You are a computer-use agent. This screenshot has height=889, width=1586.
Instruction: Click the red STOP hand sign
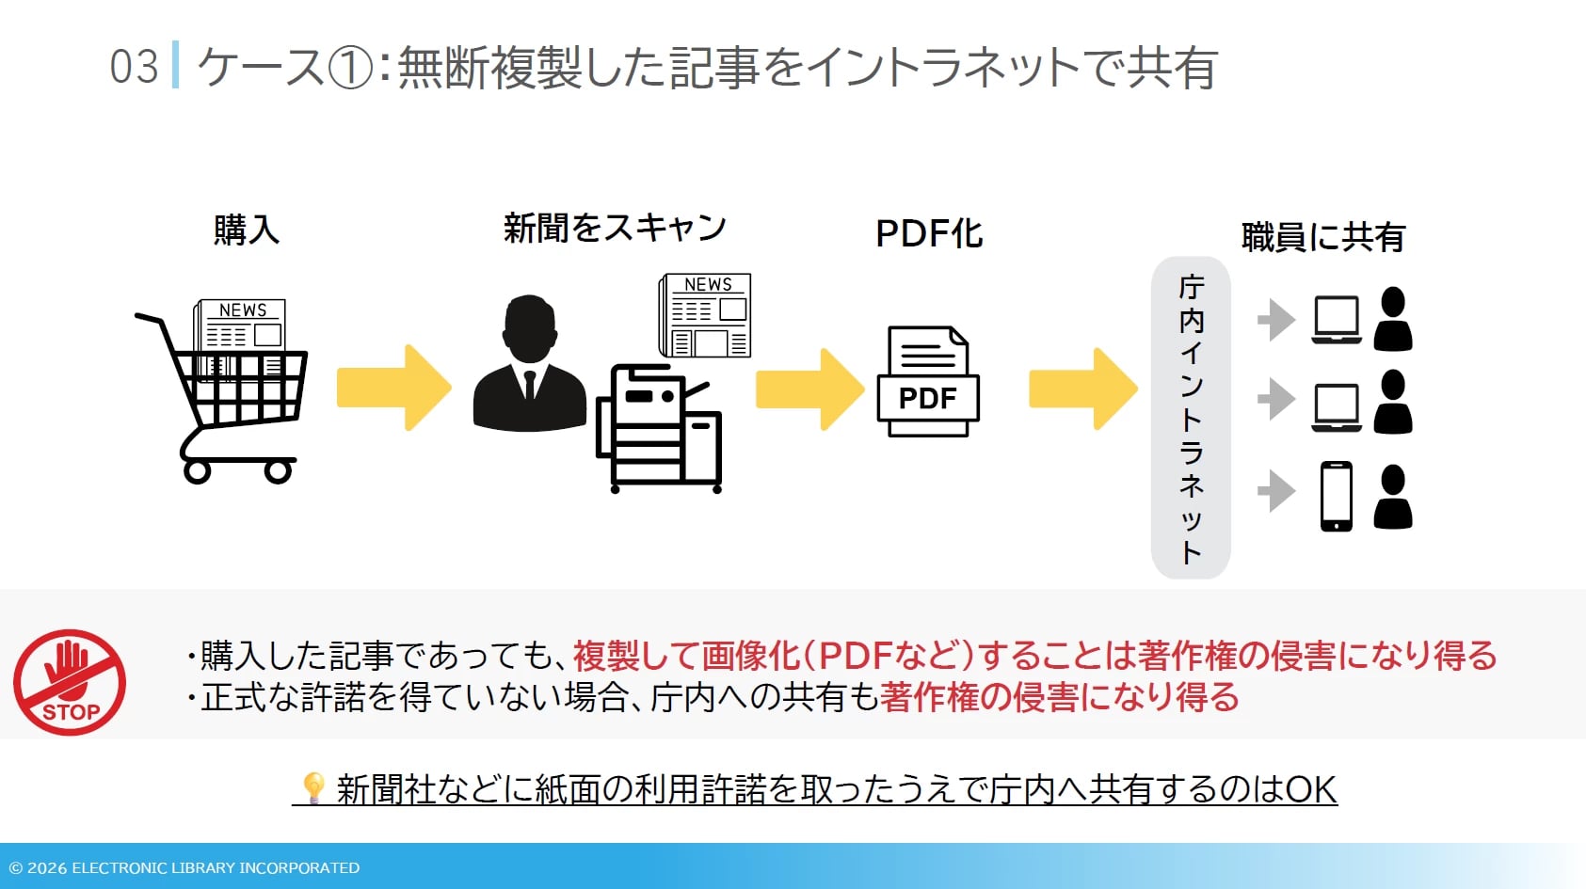click(70, 682)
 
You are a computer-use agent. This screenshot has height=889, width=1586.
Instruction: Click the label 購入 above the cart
click(247, 230)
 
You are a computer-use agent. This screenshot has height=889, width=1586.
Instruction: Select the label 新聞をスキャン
click(615, 228)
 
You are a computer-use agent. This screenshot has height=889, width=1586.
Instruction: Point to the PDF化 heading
click(929, 233)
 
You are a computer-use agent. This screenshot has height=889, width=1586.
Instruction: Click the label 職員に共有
click(1322, 237)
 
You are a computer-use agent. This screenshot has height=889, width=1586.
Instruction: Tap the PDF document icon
click(928, 381)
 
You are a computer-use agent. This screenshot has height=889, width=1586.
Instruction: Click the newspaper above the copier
click(706, 315)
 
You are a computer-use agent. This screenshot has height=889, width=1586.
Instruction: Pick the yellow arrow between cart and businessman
click(393, 388)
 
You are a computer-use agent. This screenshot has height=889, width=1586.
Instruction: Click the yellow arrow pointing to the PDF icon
click(809, 389)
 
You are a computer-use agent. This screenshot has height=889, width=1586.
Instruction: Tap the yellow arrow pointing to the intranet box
click(1082, 389)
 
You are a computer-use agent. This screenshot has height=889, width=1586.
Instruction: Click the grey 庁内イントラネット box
click(1191, 418)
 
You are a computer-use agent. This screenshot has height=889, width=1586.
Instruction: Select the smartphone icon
click(1337, 496)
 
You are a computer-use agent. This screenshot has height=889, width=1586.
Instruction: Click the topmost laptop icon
click(1337, 320)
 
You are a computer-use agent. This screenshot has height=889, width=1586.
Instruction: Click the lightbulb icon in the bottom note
click(313, 786)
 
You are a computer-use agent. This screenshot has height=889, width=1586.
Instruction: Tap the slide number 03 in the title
click(134, 68)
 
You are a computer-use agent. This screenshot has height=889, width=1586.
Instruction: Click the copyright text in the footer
click(184, 867)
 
